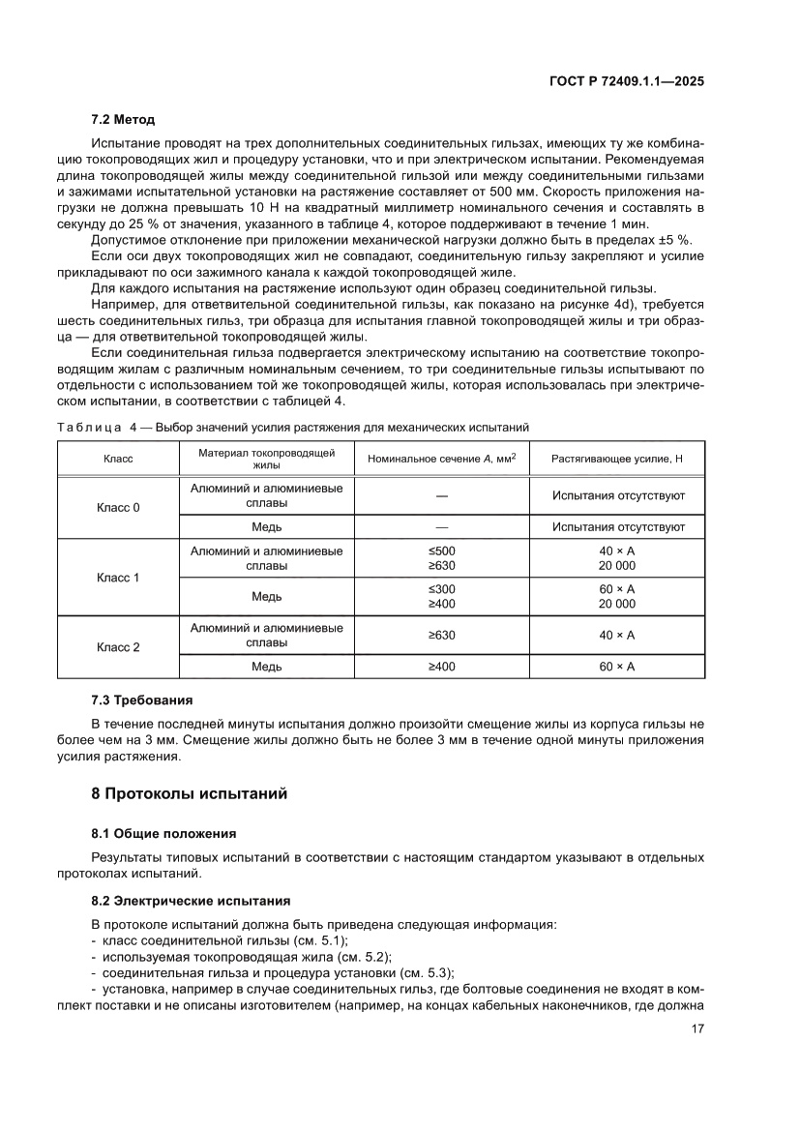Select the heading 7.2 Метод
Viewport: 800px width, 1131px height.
point(123,120)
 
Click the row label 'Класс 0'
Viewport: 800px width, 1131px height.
point(118,507)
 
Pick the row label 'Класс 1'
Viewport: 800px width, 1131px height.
point(118,578)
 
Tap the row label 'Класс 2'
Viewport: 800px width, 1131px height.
point(118,647)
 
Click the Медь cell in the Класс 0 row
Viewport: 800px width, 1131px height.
point(266,527)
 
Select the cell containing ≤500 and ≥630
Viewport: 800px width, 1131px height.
point(441,558)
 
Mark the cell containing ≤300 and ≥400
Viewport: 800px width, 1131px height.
point(441,597)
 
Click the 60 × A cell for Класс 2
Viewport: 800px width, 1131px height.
point(617,667)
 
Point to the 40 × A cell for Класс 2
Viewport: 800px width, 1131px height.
point(617,636)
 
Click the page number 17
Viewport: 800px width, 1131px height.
point(696,1028)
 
